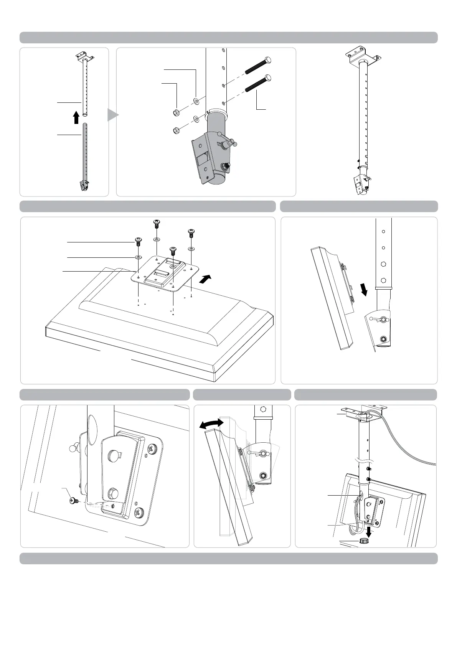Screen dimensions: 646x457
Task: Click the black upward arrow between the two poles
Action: [x=76, y=117]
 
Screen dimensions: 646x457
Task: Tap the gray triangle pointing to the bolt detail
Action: [x=112, y=115]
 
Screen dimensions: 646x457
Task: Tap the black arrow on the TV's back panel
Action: [x=205, y=278]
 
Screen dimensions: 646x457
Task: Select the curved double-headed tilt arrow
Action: [x=211, y=424]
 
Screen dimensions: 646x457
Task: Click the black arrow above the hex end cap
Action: [x=369, y=531]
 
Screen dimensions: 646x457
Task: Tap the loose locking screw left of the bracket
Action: [x=73, y=500]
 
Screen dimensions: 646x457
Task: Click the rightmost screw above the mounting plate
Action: [x=191, y=233]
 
